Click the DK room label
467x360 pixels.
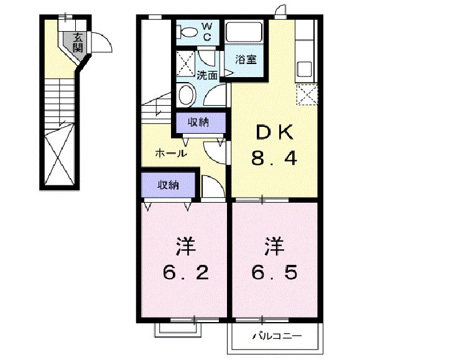coord(274,132)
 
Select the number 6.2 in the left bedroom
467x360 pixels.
coord(185,272)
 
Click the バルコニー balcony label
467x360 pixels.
coord(277,336)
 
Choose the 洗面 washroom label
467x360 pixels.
coord(206,76)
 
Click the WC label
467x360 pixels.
coord(208,32)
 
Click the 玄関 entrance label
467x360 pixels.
coord(78,42)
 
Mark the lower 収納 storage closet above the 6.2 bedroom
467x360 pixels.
coord(168,185)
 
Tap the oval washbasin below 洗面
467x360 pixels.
coord(186,95)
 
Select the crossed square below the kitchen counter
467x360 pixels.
coord(307,95)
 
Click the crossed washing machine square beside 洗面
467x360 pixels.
coord(185,63)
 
